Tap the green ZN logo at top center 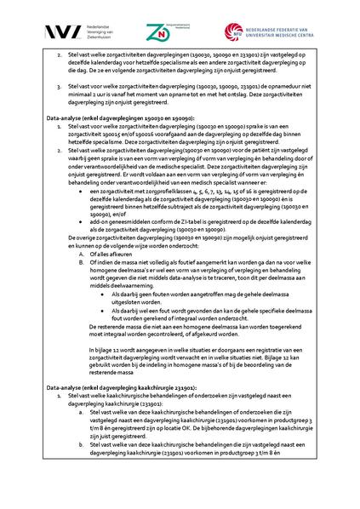(x=158, y=31)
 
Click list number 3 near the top (x=59, y=85)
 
